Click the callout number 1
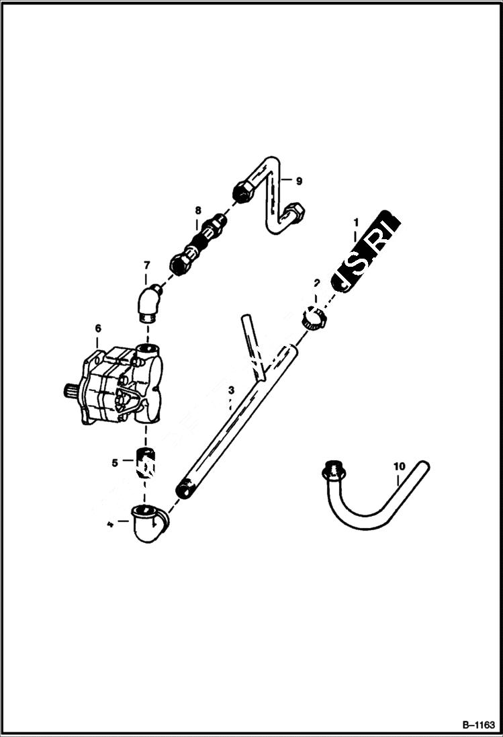357,222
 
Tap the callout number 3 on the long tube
230,390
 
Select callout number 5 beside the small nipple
115,462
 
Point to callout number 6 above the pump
98,328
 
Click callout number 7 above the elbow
146,266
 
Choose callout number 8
197,210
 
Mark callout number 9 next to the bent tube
299,181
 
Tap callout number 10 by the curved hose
400,465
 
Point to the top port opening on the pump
146,349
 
